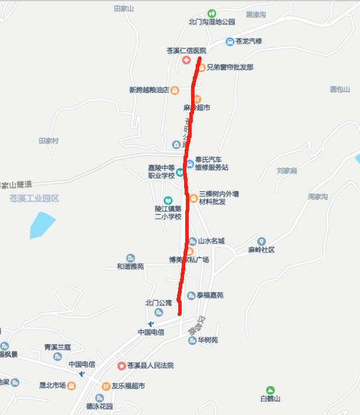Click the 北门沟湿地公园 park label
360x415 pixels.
click(x=211, y=22)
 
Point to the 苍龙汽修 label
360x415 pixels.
click(x=249, y=41)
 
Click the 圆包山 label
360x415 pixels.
click(x=340, y=89)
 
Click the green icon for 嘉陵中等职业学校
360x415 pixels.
click(x=180, y=171)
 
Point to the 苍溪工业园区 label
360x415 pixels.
click(x=34, y=198)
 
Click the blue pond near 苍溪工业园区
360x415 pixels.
click(x=42, y=225)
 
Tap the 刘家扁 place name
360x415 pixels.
click(x=287, y=171)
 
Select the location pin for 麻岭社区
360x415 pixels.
click(x=262, y=241)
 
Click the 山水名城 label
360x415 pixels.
click(x=211, y=241)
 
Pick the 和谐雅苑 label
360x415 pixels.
click(x=130, y=266)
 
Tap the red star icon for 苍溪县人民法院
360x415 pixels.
click(x=121, y=366)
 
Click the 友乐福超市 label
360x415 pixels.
click(x=128, y=386)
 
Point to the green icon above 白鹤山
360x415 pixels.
click(x=270, y=390)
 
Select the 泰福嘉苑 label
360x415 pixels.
click(x=210, y=296)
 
